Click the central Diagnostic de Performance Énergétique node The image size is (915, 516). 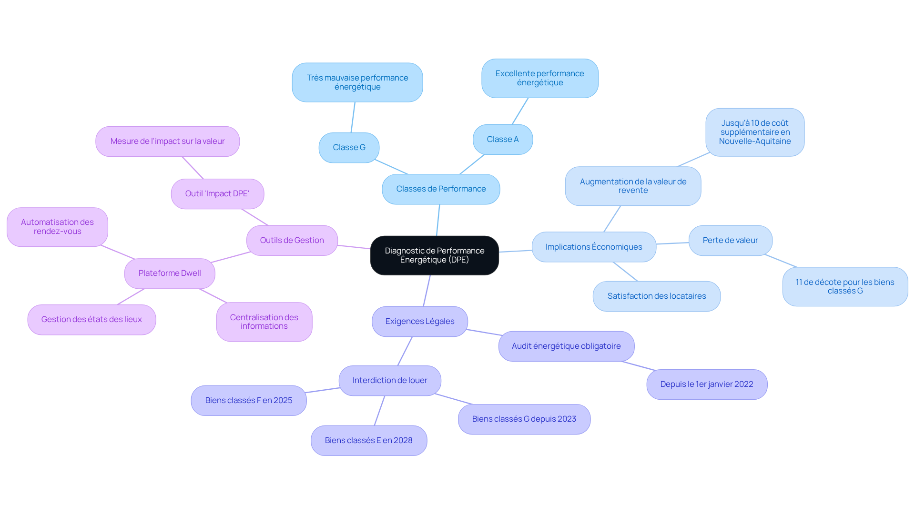pyautogui.click(x=434, y=255)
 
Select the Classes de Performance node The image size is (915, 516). pyautogui.click(x=441, y=189)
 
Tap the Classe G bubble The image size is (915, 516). pyautogui.click(x=349, y=148)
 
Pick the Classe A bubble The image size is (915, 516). pyautogui.click(x=502, y=140)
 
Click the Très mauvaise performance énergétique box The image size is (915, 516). pyautogui.click(x=357, y=82)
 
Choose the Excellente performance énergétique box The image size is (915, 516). pyautogui.click(x=539, y=78)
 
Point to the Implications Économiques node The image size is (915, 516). pyautogui.click(x=593, y=247)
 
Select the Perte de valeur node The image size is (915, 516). pyautogui.click(x=730, y=241)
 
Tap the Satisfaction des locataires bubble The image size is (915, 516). pyautogui.click(x=656, y=296)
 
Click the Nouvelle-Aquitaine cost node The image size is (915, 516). pyautogui.click(x=754, y=132)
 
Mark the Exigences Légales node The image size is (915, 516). pyautogui.click(x=419, y=322)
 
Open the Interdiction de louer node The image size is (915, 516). pyautogui.click(x=389, y=381)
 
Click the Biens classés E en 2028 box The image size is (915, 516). pyautogui.click(x=368, y=441)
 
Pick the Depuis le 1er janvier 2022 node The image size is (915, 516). pyautogui.click(x=706, y=384)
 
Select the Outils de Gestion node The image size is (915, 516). pyautogui.click(x=292, y=241)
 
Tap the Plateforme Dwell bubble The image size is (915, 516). pyautogui.click(x=170, y=273)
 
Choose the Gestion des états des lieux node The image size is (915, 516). pyautogui.click(x=91, y=320)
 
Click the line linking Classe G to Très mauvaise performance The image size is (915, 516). pyautogui.click(x=353, y=117)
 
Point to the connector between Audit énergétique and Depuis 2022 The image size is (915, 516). pyautogui.click(x=639, y=366)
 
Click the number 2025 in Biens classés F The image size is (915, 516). pyautogui.click(x=283, y=401)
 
